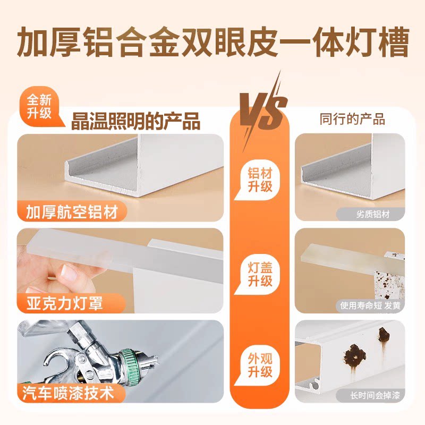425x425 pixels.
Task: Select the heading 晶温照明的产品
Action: [135, 121]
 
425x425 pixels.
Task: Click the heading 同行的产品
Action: [352, 119]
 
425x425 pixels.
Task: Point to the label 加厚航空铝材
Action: [72, 211]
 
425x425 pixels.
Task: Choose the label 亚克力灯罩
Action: [65, 303]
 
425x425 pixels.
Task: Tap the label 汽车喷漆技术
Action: [69, 393]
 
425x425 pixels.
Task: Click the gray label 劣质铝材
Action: [373, 214]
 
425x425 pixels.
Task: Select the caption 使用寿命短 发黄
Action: [370, 305]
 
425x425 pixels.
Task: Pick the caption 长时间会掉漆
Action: [375, 395]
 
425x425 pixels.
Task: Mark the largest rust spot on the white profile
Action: [354, 354]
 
